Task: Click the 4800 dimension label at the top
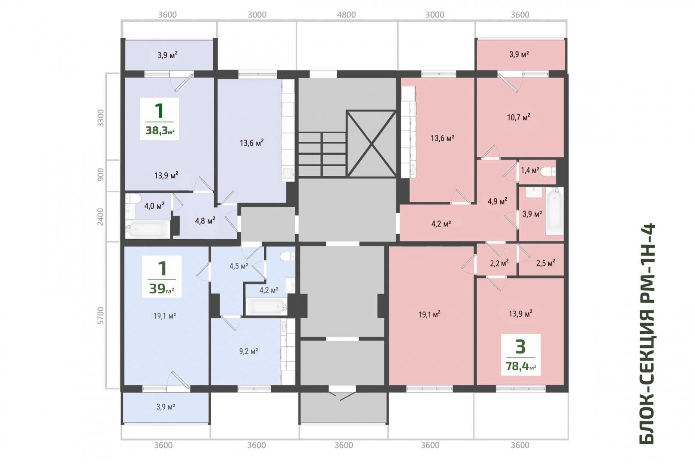pyautogui.click(x=346, y=15)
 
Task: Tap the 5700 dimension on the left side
pyautogui.click(x=100, y=315)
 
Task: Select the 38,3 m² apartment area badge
pyautogui.click(x=160, y=119)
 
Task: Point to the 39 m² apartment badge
pyautogui.click(x=162, y=277)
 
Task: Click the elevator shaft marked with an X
pyautogui.click(x=372, y=143)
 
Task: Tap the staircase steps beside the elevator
pyautogui.click(x=323, y=154)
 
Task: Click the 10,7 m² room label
pyautogui.click(x=518, y=117)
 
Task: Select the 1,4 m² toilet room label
pyautogui.click(x=530, y=170)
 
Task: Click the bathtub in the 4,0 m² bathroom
pyautogui.click(x=148, y=229)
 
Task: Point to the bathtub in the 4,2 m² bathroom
pyautogui.click(x=266, y=306)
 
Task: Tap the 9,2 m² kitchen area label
pyautogui.click(x=249, y=351)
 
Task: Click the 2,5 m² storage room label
pyautogui.click(x=546, y=263)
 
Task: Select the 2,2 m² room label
pyautogui.click(x=499, y=263)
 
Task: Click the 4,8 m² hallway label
pyautogui.click(x=205, y=221)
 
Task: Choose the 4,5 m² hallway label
pyautogui.click(x=239, y=266)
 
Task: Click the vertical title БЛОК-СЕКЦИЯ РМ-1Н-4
pyautogui.click(x=647, y=333)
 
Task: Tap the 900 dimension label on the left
pyautogui.click(x=100, y=175)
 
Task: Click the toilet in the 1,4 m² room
pyautogui.click(x=547, y=171)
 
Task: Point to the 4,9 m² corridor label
pyautogui.click(x=497, y=201)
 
